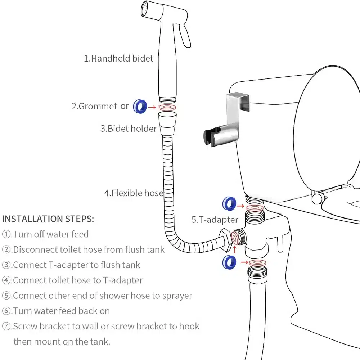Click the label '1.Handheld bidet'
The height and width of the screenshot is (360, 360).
coord(118,58)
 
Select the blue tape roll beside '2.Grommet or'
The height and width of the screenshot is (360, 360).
coord(140,106)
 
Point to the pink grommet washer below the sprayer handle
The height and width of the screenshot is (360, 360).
coord(168,107)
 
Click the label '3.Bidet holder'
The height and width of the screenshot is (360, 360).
coord(129,129)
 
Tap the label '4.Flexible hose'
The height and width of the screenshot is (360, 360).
coord(134,193)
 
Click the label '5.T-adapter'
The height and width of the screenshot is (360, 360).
coord(215,220)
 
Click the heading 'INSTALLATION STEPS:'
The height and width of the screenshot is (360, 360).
coord(48,219)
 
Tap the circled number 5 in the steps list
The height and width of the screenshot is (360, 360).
coord(7,296)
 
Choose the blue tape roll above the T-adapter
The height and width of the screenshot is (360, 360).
coord(229,204)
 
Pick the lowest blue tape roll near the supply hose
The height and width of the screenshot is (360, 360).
coord(229,262)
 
